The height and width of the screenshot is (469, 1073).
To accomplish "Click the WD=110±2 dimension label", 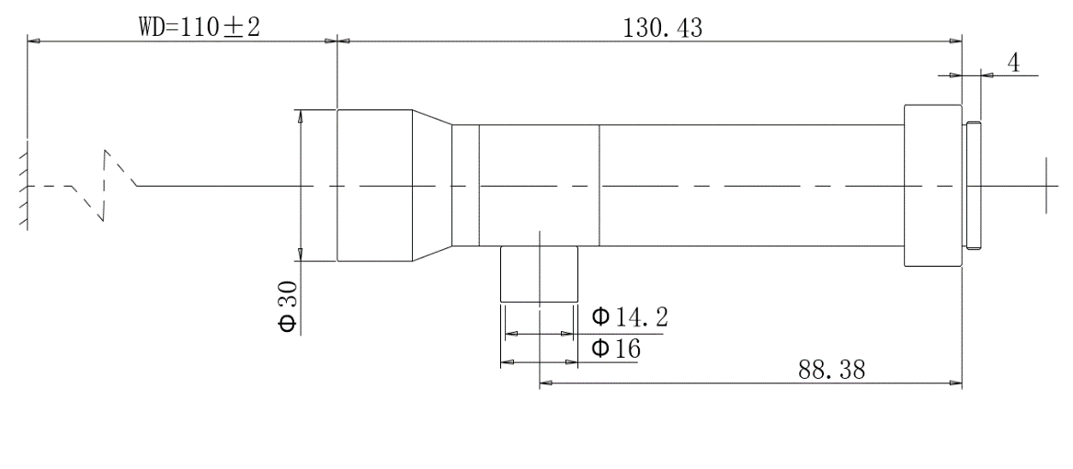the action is tap(200, 28).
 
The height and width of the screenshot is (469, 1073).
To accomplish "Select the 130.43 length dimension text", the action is tap(662, 28).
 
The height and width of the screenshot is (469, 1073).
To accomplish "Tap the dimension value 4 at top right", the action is tap(1013, 63).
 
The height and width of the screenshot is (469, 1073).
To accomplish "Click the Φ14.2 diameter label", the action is tap(630, 317).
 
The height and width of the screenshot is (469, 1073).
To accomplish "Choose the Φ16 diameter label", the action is tap(616, 349).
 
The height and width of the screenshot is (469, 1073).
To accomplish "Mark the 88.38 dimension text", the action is tap(831, 370).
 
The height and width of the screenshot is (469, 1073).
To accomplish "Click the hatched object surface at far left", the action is tap(23, 186).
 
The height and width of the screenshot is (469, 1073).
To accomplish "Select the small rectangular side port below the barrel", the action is tap(539, 274).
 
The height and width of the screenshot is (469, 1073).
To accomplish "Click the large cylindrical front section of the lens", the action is tap(374, 185).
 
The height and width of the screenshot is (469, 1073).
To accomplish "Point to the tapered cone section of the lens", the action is tap(432, 185).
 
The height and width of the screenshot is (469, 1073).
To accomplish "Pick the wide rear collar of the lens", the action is tap(932, 185).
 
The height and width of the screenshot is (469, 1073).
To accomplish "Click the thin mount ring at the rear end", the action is tap(973, 185).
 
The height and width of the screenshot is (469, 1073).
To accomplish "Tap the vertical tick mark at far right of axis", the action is tap(1046, 185).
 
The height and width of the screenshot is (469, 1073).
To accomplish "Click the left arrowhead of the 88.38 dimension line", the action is tap(545, 384).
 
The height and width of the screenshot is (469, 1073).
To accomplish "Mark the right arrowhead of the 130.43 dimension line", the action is tap(956, 41).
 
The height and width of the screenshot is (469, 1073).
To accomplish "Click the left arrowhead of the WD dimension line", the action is tap(33, 41).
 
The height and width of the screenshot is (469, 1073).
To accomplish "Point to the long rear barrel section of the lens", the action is tap(751, 185).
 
